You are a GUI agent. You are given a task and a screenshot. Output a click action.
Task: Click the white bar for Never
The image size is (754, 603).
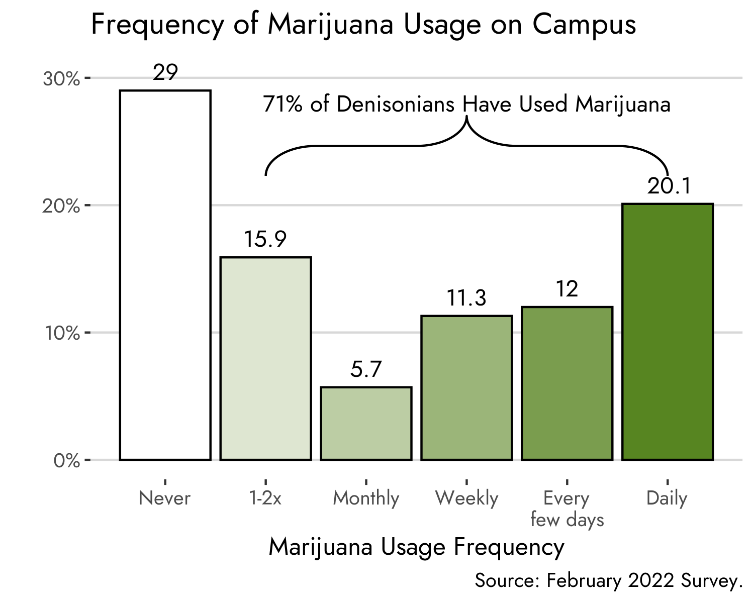point(165,275)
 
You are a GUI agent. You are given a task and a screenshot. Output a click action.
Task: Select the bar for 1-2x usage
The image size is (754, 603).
point(265,358)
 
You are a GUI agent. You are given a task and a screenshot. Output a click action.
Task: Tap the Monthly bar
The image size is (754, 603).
point(366,423)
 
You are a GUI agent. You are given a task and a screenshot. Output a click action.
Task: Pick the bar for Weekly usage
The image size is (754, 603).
point(466,387)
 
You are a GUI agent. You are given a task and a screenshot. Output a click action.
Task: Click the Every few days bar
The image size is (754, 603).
point(567,383)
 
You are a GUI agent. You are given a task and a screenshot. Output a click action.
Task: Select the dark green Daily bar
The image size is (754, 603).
point(668,332)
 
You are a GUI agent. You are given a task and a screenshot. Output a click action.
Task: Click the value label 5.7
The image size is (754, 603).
point(366,370)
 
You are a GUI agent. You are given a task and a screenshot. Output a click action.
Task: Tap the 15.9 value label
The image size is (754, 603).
point(265,240)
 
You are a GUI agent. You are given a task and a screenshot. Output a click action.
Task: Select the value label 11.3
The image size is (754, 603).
point(466,298)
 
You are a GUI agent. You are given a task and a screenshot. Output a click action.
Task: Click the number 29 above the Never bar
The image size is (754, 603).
point(165,73)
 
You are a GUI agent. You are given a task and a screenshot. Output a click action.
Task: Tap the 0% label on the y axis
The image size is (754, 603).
point(66,461)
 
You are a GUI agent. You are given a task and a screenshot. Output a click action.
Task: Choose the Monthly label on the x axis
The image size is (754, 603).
point(366,498)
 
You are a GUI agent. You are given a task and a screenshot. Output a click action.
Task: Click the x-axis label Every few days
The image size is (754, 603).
point(567,509)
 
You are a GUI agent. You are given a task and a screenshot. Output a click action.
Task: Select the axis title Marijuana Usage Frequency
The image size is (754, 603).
point(416,547)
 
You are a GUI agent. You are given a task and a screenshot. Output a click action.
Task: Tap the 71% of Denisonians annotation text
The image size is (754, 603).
point(466,105)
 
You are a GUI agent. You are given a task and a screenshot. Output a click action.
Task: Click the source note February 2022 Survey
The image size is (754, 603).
point(608,581)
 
